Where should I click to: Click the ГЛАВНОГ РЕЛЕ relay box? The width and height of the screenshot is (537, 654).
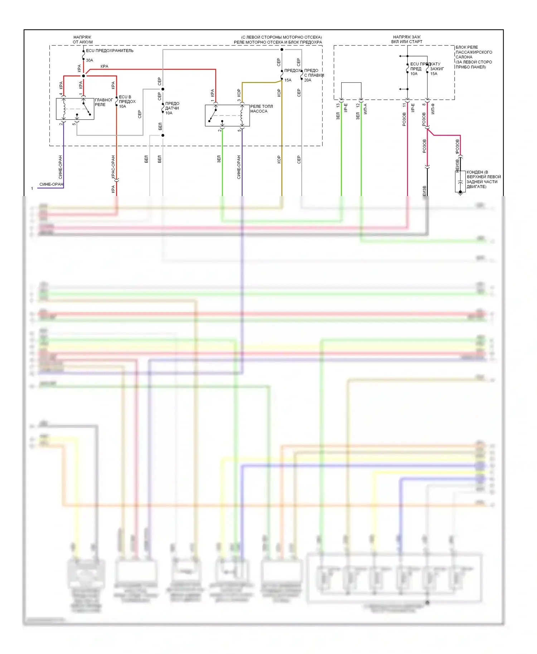[x=75, y=109]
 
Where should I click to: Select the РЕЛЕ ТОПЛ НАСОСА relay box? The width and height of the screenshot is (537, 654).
[x=227, y=115]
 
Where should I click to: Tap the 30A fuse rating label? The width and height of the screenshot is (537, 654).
[x=89, y=60]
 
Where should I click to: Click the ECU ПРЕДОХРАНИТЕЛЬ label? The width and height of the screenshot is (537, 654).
[x=110, y=51]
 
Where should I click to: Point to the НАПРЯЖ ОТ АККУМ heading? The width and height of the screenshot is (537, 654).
[x=82, y=39]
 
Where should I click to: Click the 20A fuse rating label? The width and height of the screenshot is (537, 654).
[x=308, y=80]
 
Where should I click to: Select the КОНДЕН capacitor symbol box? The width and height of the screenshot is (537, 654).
[x=460, y=182]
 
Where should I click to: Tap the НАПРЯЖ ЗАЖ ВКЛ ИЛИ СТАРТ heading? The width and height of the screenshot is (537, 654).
[x=407, y=39]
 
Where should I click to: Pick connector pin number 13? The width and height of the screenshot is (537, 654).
[x=338, y=106]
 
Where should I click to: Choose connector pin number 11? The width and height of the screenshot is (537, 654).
[x=404, y=105]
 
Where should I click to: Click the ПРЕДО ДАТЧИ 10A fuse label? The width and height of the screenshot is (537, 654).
[x=172, y=108]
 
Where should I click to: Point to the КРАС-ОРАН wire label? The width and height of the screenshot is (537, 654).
[x=113, y=167]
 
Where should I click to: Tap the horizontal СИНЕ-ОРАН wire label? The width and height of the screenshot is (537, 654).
[x=51, y=184]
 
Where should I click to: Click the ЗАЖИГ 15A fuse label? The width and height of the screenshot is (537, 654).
[x=437, y=71]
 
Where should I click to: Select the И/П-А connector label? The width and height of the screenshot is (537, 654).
[x=365, y=109]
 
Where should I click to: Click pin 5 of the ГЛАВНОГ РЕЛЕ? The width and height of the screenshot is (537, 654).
[x=74, y=124]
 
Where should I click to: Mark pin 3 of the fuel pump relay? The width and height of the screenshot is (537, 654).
[x=239, y=100]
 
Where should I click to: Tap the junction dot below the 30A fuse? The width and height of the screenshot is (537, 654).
[x=83, y=76]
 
